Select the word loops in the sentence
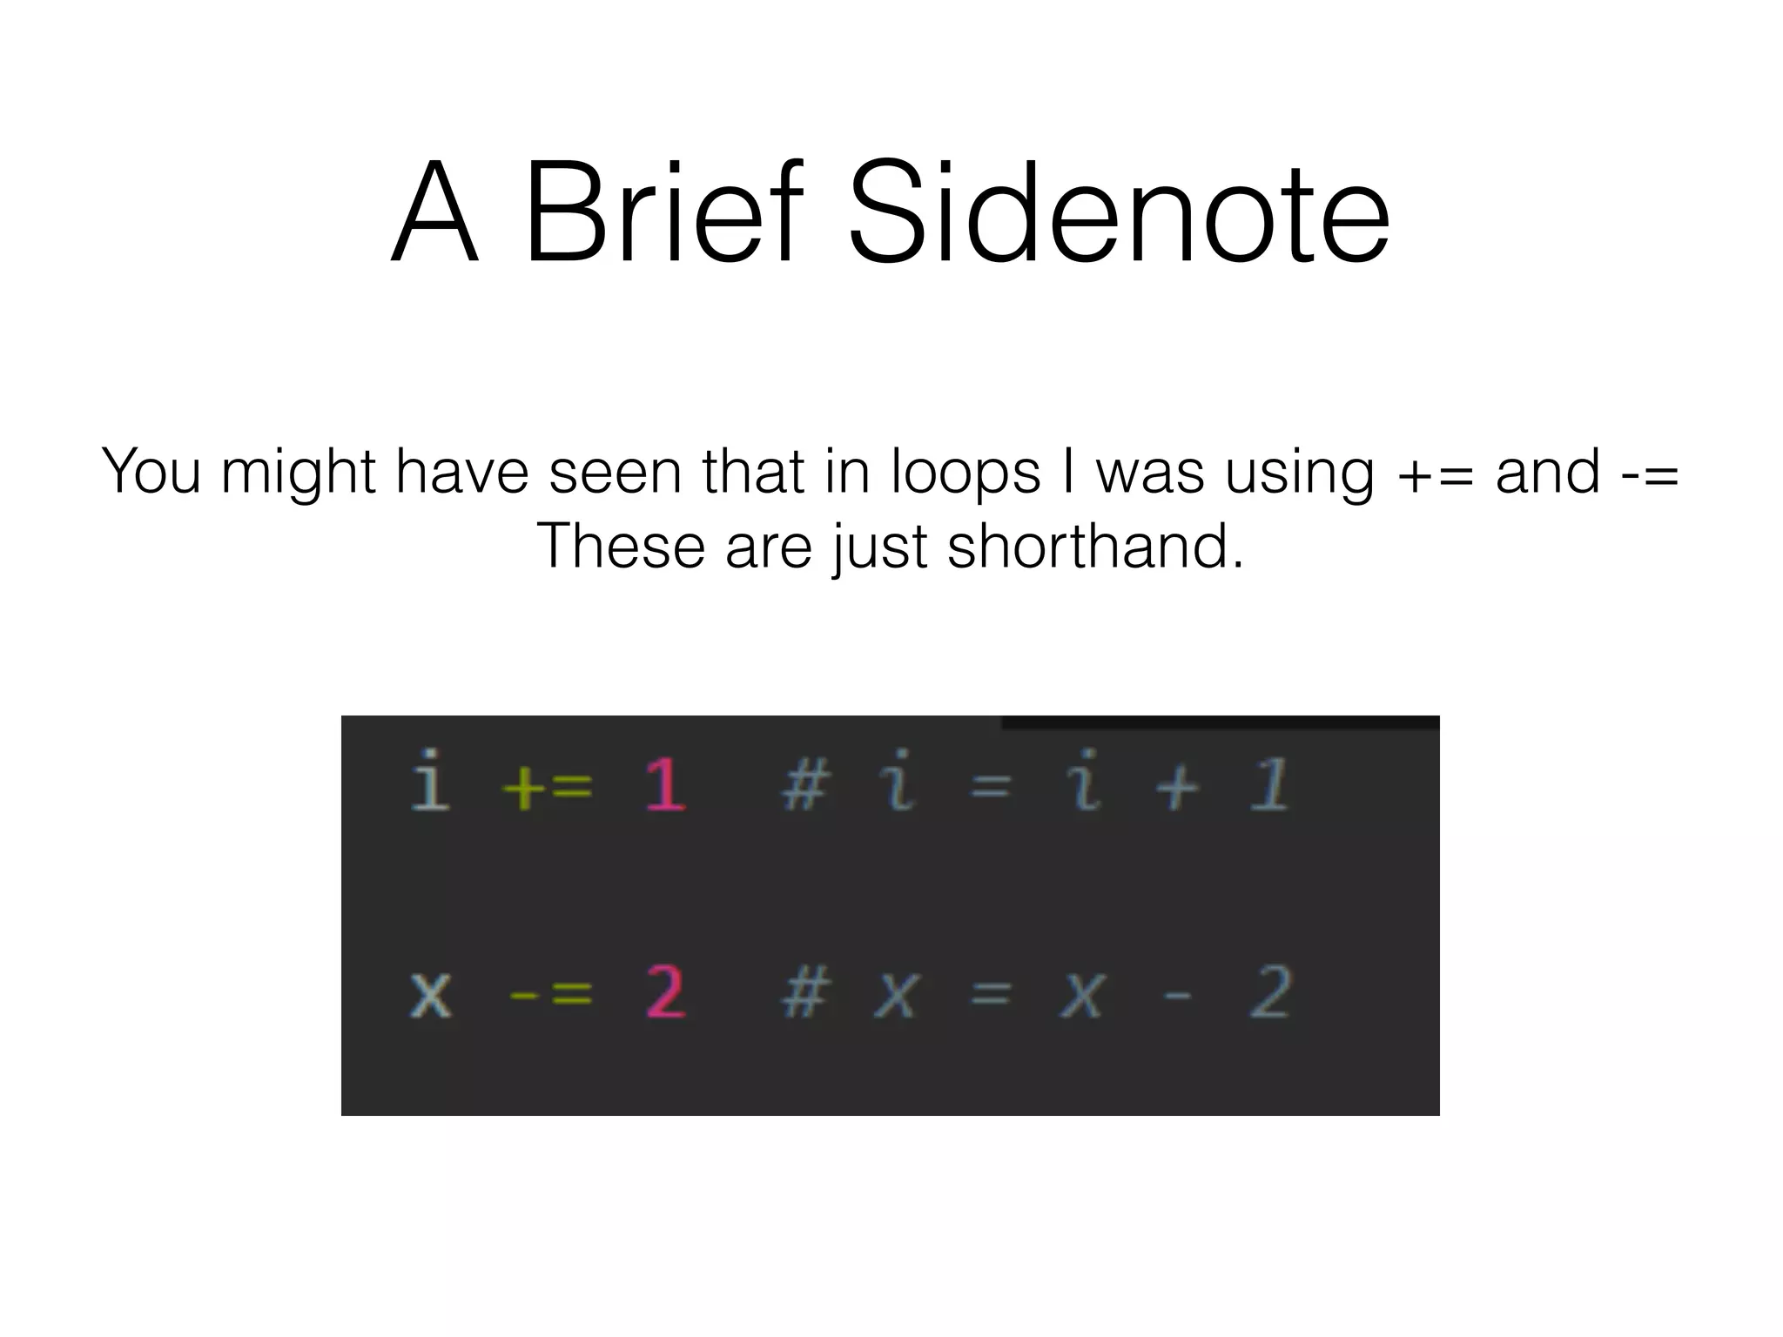(966, 472)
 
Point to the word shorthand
(1095, 547)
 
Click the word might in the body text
(299, 474)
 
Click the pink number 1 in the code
(665, 784)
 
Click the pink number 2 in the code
(665, 992)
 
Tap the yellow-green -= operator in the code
(550, 994)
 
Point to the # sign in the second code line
(804, 993)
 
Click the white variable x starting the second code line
(431, 994)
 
